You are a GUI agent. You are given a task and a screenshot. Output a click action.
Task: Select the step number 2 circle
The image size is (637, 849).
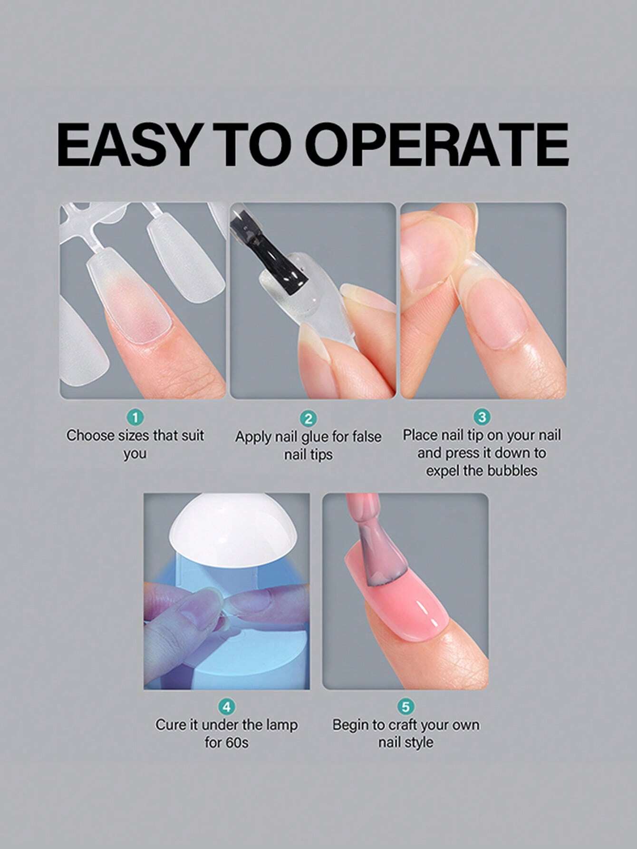309,419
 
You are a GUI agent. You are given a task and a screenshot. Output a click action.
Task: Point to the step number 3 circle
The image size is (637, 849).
482,417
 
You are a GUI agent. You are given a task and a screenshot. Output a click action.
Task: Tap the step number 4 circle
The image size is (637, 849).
227,707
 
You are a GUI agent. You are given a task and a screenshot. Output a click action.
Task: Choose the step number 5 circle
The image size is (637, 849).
405,707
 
